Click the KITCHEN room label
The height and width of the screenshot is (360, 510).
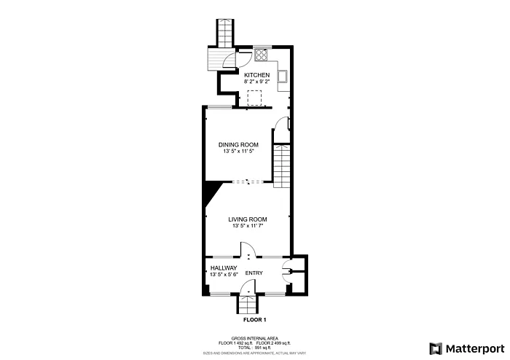tap(256, 75)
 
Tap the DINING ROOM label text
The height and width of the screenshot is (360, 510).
tap(239, 144)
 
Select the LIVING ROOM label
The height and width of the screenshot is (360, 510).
tap(247, 219)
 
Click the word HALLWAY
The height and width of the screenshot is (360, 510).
tap(224, 268)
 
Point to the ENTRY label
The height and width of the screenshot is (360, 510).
tap(254, 273)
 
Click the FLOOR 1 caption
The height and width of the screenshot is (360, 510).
tap(254, 320)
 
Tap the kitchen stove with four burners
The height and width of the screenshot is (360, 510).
tap(262, 54)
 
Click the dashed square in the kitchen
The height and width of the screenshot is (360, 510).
tap(254, 98)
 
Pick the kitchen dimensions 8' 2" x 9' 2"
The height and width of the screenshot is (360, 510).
tap(256, 82)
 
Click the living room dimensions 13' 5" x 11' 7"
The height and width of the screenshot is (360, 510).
tap(247, 226)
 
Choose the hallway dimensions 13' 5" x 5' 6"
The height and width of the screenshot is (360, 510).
tap(224, 275)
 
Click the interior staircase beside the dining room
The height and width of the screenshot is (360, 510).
tap(282, 165)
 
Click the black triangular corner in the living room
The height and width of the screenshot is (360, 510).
tap(210, 191)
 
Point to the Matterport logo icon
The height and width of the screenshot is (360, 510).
tap(436, 348)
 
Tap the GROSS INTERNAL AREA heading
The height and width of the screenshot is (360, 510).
tap(254, 338)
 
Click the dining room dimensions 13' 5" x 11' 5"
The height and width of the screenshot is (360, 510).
tap(239, 151)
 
